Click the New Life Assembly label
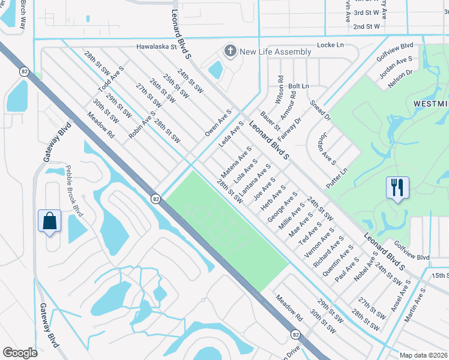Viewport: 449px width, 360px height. pyautogui.click(x=275, y=52)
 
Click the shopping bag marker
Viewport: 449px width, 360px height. pyautogui.click(x=49, y=220)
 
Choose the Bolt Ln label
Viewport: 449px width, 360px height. pyautogui.click(x=298, y=86)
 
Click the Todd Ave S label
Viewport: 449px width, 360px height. pyautogui.click(x=111, y=81)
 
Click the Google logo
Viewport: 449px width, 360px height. pyautogui.click(x=20, y=353)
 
